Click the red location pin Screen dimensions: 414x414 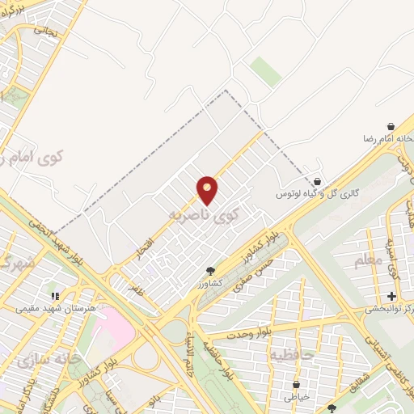[208, 190]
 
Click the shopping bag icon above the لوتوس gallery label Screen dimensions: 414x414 [317, 182]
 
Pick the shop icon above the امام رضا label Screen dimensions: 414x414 [391, 127]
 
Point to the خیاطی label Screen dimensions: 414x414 [297, 397]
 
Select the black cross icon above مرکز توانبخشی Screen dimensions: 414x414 [391, 296]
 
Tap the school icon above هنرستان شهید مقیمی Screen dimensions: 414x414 [55, 296]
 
